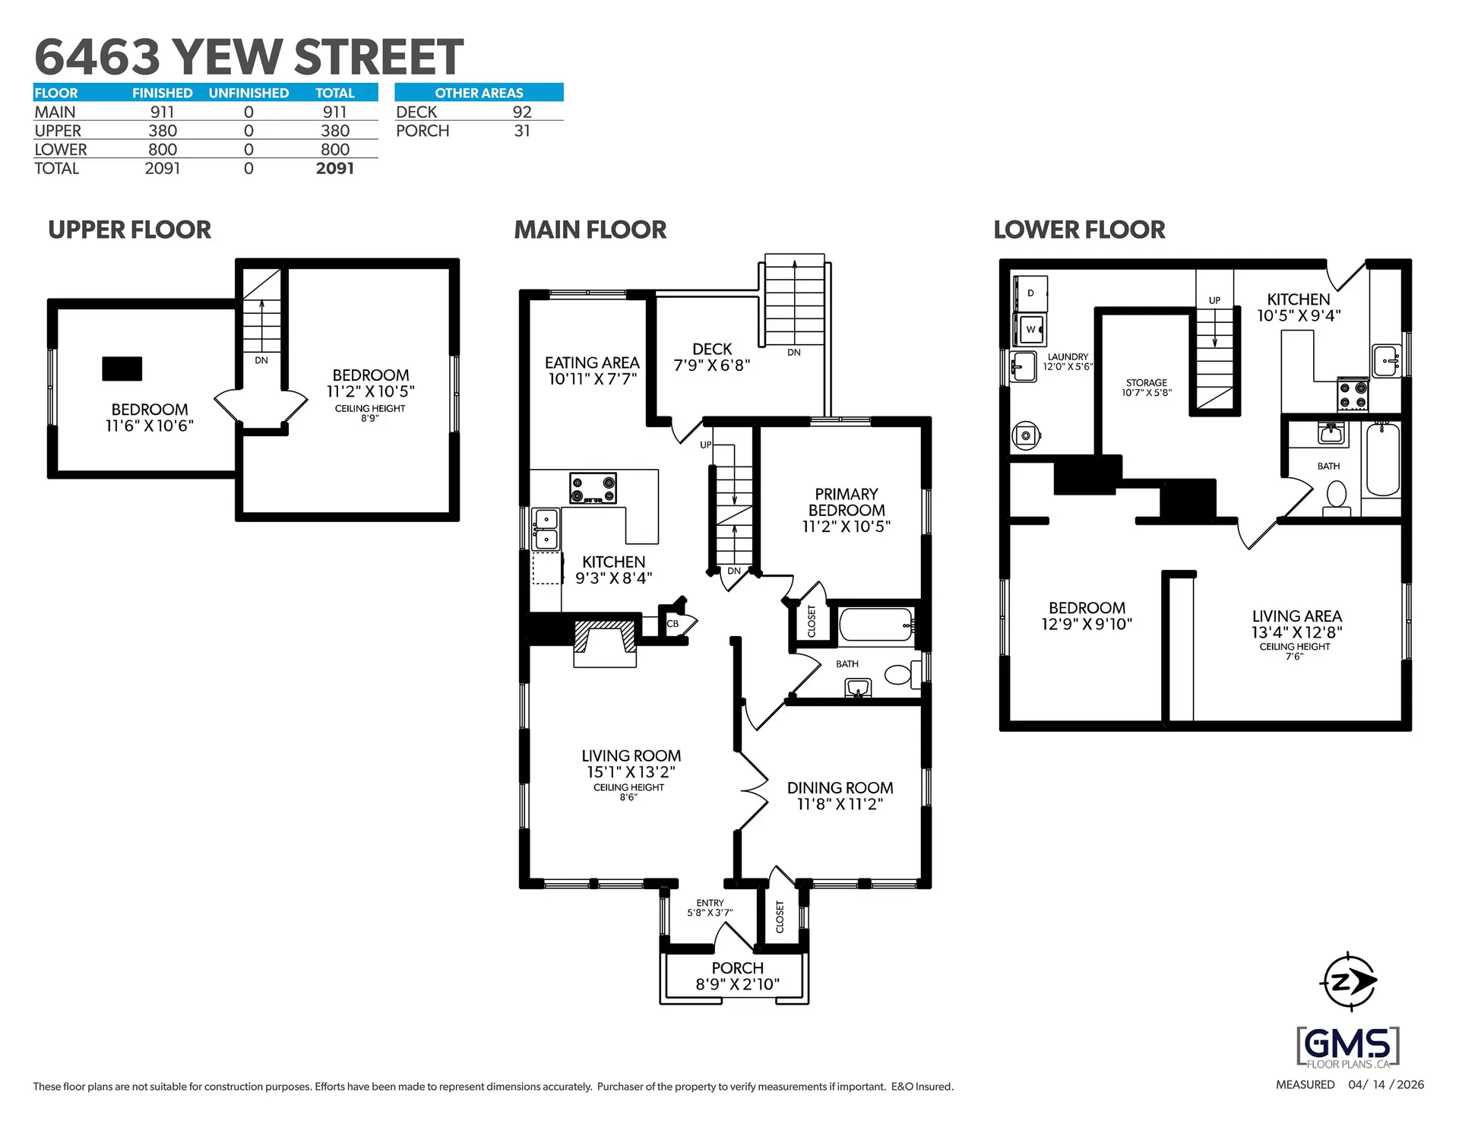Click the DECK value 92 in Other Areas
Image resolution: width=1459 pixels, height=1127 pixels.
(521, 112)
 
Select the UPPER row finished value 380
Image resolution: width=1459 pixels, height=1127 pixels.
(162, 131)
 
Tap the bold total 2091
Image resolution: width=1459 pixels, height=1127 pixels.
(335, 169)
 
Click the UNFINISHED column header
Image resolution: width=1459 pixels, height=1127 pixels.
(248, 93)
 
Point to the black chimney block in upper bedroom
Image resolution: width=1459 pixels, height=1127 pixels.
(122, 369)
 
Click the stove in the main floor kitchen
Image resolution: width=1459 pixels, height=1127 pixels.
(593, 488)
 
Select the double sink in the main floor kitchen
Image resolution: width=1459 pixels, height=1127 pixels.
(546, 530)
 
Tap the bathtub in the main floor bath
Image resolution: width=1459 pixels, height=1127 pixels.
(875, 625)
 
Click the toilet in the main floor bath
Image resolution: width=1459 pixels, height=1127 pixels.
(899, 674)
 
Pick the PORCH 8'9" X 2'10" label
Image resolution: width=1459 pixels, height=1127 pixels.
(737, 977)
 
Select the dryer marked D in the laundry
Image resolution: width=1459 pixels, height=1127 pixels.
(1030, 293)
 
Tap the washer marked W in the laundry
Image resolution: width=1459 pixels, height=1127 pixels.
(1030, 329)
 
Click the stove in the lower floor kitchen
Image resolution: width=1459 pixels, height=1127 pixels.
(1353, 394)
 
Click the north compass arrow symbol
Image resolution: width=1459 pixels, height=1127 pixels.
(1349, 981)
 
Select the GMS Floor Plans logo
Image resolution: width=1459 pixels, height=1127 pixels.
(1348, 1047)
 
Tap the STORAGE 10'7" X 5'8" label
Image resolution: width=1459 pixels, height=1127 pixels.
(1146, 388)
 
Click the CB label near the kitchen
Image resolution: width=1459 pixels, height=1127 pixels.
(673, 624)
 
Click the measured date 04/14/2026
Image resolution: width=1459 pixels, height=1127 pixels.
(1386, 1084)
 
